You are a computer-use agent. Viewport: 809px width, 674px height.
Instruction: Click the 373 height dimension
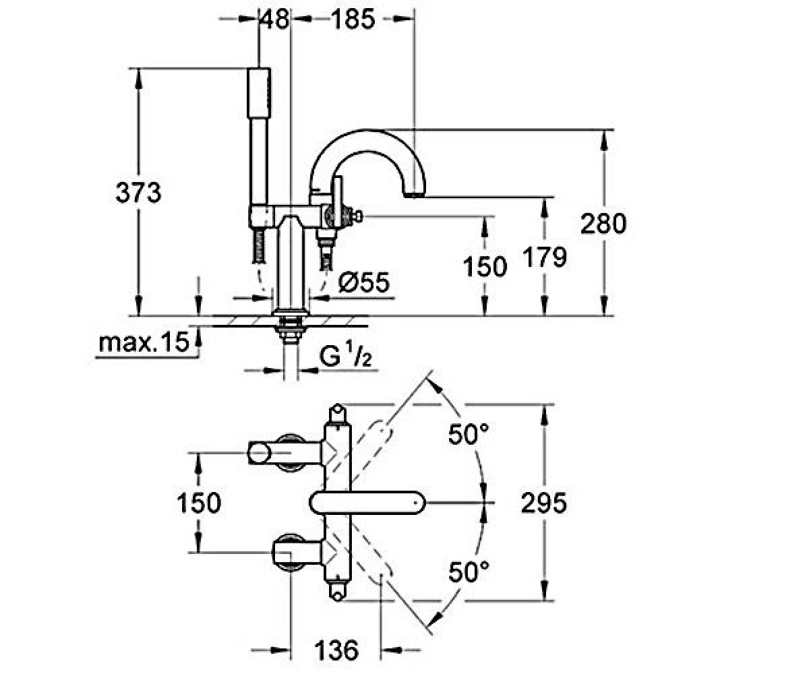tap(138, 193)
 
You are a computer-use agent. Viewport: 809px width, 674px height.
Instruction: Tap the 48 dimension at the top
tap(274, 19)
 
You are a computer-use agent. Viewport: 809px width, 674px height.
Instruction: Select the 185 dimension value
tap(354, 19)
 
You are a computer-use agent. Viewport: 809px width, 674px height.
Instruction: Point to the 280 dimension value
tap(603, 223)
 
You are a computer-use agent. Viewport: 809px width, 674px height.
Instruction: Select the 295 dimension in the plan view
tap(543, 503)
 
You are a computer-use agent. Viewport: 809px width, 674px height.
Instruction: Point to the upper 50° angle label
tap(469, 434)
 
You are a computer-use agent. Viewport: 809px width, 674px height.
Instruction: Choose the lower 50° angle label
tap(469, 572)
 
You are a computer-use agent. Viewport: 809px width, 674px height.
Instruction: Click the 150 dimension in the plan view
tap(199, 503)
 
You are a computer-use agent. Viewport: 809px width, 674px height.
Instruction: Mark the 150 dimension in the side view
tap(485, 266)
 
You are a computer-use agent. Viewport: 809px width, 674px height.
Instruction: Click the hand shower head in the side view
tap(259, 93)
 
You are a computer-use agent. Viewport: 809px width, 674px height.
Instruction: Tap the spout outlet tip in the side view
tap(415, 195)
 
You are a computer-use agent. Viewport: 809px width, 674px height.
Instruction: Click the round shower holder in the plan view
tap(259, 453)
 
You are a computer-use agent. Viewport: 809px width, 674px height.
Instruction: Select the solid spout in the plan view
tap(367, 503)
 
